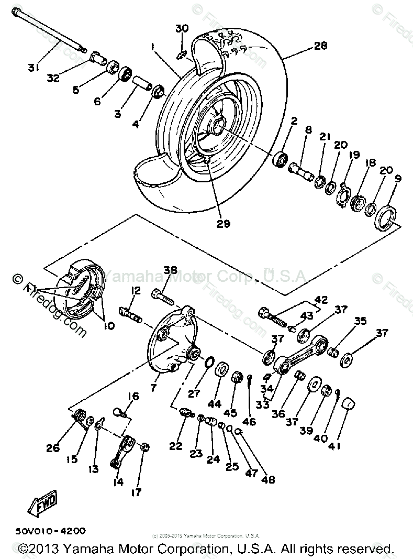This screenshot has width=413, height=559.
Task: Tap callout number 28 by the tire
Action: point(320,46)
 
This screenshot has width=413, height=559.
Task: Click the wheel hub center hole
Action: point(218,126)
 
